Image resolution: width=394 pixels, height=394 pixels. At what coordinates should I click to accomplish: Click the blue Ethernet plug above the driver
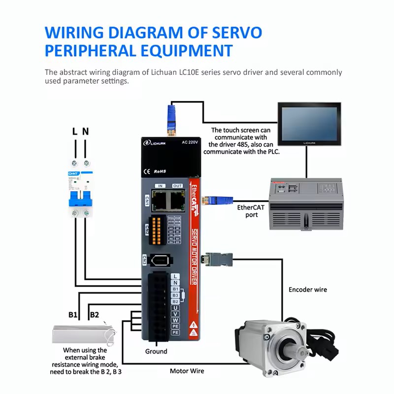[x=172, y=120]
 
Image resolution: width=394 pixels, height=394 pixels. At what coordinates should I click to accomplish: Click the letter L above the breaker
[x=74, y=131]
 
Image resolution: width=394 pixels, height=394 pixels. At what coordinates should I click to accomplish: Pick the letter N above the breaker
[x=85, y=131]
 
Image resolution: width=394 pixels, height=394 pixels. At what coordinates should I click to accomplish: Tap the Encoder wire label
[x=307, y=290]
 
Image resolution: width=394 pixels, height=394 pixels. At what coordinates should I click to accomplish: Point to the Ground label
[x=156, y=351]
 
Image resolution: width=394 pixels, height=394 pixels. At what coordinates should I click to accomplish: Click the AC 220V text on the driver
[x=190, y=142]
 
